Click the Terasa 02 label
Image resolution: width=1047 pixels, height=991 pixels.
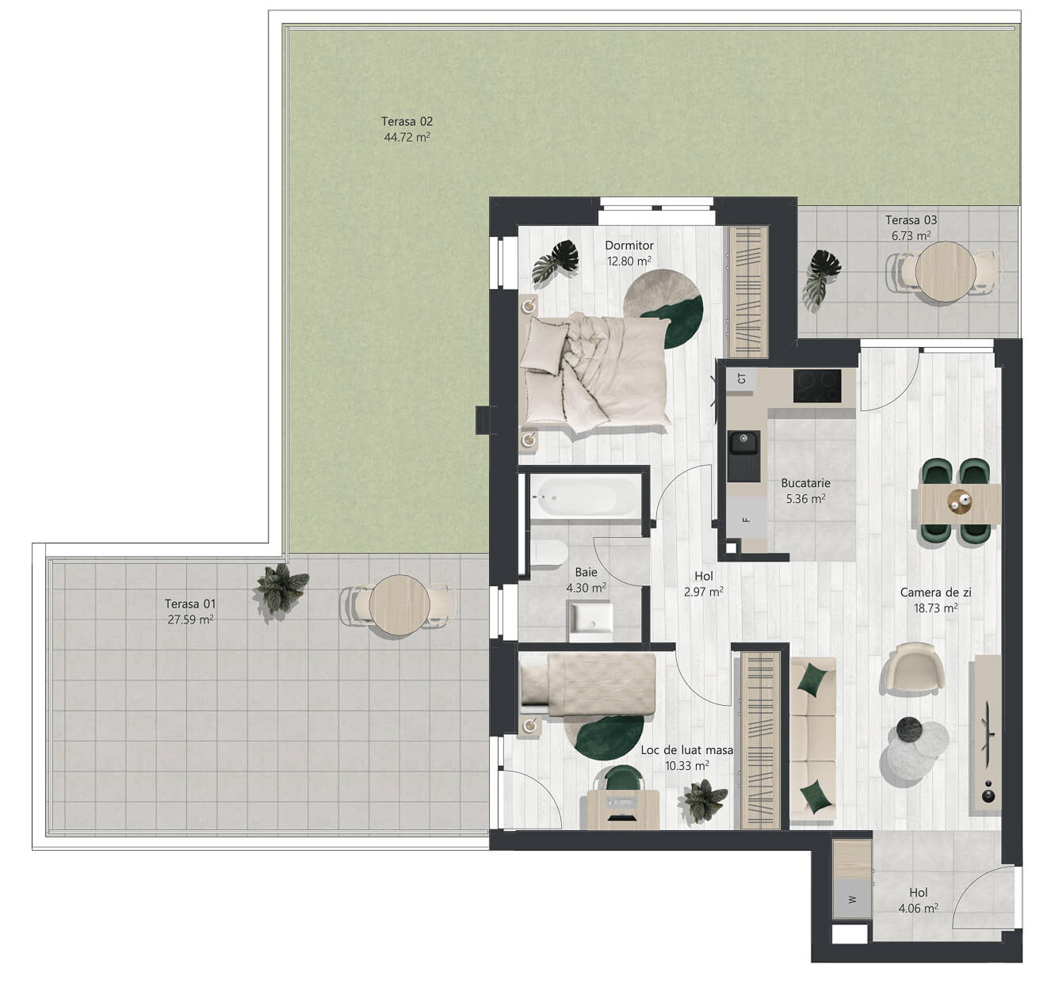[x=407, y=121]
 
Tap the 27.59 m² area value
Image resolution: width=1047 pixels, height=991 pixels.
[x=190, y=619]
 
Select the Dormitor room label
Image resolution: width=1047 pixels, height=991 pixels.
[x=629, y=246]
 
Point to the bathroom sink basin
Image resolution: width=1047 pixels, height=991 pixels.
[x=590, y=621]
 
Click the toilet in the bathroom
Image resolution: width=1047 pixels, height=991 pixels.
[x=548, y=553]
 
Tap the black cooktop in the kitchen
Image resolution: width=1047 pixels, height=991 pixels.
[x=817, y=386]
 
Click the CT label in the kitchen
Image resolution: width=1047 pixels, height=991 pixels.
[x=742, y=379]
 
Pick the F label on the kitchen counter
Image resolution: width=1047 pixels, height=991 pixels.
[x=746, y=520]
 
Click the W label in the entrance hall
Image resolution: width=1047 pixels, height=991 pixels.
[x=852, y=899]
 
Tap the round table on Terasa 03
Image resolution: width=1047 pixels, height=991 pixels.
[x=946, y=272]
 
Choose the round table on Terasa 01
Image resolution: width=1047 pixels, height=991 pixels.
[x=399, y=605]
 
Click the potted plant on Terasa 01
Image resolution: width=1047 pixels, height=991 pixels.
[x=281, y=588]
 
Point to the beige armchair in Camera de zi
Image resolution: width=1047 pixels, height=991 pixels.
[x=913, y=668]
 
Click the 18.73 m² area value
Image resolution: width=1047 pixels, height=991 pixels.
[x=936, y=608]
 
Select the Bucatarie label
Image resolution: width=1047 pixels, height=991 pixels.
[x=806, y=483]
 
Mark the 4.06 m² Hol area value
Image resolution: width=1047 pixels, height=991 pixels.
[x=918, y=909]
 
